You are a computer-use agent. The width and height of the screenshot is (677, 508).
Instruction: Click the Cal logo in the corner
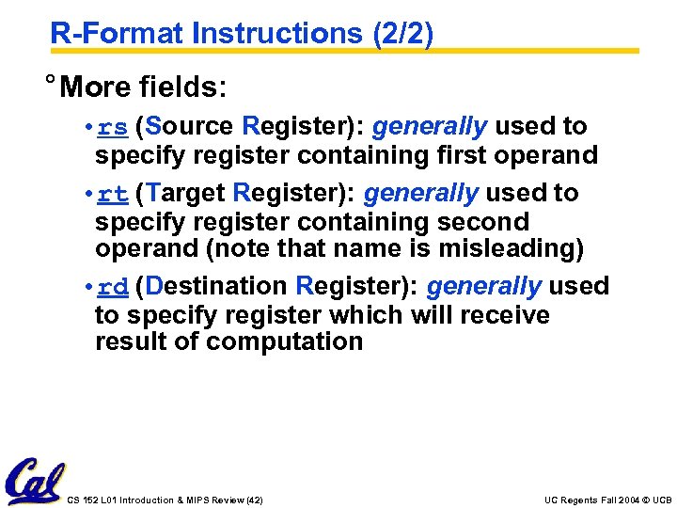pyautogui.click(x=35, y=482)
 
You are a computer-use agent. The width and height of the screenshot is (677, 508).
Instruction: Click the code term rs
pyautogui.click(x=113, y=127)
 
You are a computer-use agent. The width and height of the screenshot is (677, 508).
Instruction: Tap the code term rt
pyautogui.click(x=113, y=195)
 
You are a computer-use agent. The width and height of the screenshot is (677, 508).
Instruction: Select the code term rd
pyautogui.click(x=113, y=286)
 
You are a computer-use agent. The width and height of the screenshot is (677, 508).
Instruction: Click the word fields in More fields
pyautogui.click(x=182, y=87)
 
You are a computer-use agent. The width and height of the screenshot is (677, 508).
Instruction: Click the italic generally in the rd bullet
pyautogui.click(x=483, y=285)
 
